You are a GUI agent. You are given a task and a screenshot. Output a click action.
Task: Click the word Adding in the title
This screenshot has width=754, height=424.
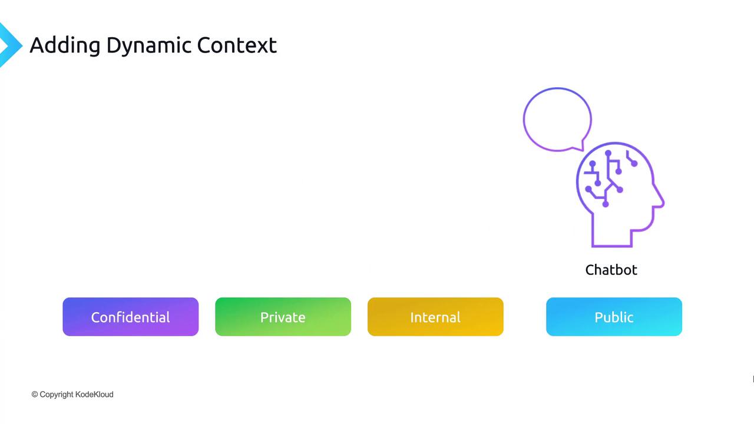pyautogui.click(x=65, y=45)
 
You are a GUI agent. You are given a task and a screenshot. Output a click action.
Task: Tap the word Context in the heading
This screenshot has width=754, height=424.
pyautogui.click(x=237, y=45)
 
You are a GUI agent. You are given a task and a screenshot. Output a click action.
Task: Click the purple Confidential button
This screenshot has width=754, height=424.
pyautogui.click(x=131, y=317)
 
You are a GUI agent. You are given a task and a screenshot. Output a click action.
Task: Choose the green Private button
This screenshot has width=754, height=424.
pyautogui.click(x=283, y=317)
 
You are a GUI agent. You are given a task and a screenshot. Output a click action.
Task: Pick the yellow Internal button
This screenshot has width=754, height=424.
pyautogui.click(x=435, y=317)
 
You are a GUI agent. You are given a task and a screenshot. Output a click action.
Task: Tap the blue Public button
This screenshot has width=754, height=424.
pyautogui.click(x=614, y=317)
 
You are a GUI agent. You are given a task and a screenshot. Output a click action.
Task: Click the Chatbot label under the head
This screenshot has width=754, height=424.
pyautogui.click(x=611, y=270)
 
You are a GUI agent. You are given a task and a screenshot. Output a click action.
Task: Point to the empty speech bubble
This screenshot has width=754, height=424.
pyautogui.click(x=524, y=120)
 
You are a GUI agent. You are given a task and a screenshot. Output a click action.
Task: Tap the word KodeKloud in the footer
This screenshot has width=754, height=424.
pyautogui.click(x=94, y=395)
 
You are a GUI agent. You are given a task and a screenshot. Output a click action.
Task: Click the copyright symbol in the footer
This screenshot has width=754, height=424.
pyautogui.click(x=35, y=395)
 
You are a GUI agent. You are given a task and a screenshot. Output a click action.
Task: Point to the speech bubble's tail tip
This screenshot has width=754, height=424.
pyautogui.click(x=583, y=150)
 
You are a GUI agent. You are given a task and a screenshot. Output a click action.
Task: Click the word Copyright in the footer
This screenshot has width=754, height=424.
pyautogui.click(x=56, y=395)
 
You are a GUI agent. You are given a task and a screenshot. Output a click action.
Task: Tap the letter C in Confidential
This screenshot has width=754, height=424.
pyautogui.click(x=95, y=317)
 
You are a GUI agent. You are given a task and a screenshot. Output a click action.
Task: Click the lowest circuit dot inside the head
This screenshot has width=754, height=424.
pyautogui.click(x=605, y=204)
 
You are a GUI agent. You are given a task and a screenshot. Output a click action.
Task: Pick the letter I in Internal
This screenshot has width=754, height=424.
pyautogui.click(x=412, y=317)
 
